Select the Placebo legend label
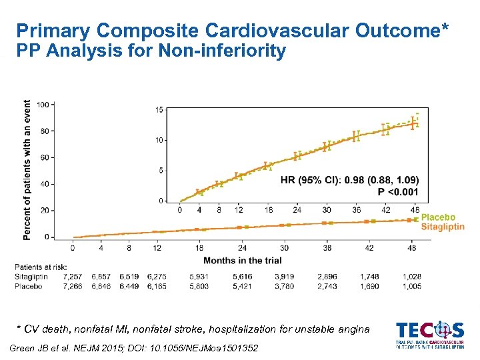(x=437, y=217)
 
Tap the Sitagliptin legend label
(x=442, y=227)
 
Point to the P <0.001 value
(x=398, y=192)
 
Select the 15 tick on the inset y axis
(x=159, y=110)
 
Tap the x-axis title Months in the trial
(x=242, y=260)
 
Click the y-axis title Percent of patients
(x=27, y=170)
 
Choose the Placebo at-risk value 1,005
(x=411, y=286)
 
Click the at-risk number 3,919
(x=287, y=276)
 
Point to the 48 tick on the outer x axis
(x=411, y=248)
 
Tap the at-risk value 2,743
(x=327, y=286)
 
